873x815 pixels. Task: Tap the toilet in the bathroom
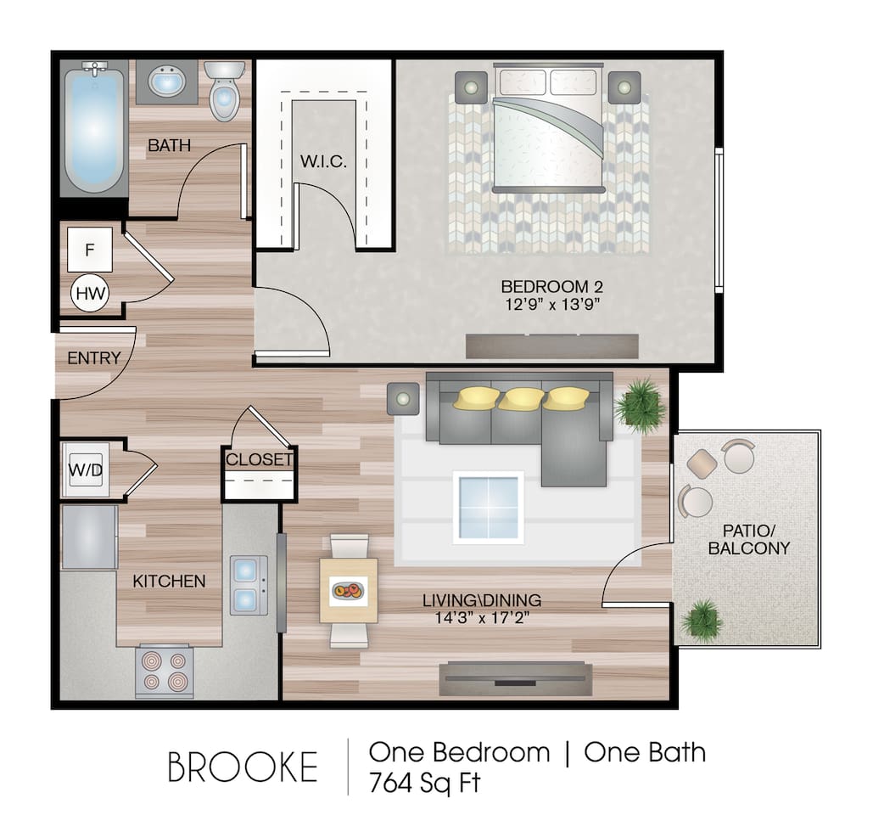coord(224,92)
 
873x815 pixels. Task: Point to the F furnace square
coord(89,250)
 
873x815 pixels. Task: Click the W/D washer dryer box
coord(85,469)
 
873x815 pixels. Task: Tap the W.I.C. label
coord(323,161)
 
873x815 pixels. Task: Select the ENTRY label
coord(93,358)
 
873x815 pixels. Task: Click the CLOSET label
coord(259,460)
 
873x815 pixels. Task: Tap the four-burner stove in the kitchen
coord(165,670)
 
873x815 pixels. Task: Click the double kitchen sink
coord(249,585)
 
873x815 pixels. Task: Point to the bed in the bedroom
coord(550,132)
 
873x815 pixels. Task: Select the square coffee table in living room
coord(488,507)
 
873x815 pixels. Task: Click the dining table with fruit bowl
coord(349,591)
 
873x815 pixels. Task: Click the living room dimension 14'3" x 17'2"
coord(481,618)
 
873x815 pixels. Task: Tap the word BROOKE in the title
coord(243,767)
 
